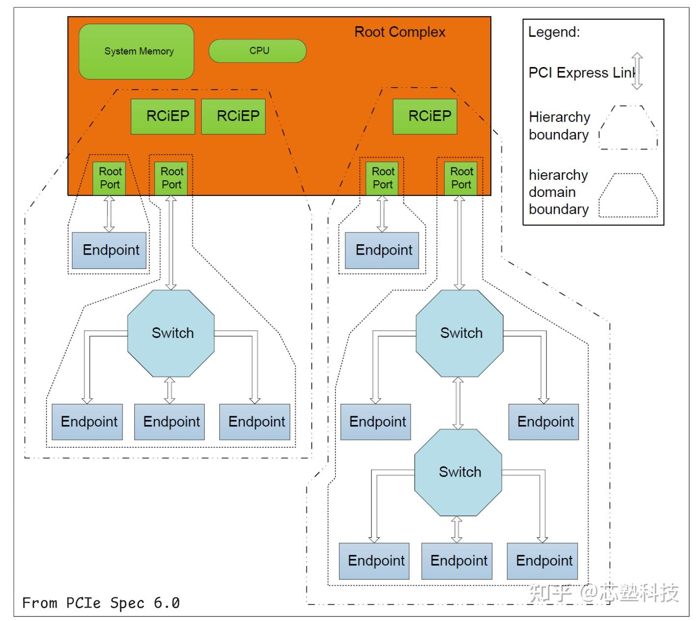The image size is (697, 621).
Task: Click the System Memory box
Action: (x=136, y=51)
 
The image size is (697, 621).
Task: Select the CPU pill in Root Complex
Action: (x=257, y=51)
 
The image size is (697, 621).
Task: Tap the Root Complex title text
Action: (x=399, y=32)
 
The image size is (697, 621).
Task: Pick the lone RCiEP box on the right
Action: (x=425, y=116)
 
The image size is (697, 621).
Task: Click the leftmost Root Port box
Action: (x=109, y=178)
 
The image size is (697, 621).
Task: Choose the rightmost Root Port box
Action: (x=461, y=178)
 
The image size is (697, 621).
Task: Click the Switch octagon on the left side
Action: (x=171, y=333)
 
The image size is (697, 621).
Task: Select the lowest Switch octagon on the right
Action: (x=458, y=472)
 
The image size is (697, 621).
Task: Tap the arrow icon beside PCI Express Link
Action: (x=637, y=71)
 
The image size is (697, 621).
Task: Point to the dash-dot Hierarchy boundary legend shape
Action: (x=628, y=128)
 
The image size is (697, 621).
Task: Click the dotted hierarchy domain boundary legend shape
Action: (x=628, y=196)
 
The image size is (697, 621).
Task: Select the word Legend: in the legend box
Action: (x=554, y=33)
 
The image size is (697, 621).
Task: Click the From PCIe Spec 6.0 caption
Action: (x=101, y=603)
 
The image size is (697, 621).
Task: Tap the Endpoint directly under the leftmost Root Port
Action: (x=109, y=250)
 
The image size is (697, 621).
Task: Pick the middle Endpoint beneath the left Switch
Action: (x=170, y=422)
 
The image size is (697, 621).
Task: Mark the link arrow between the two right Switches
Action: (x=458, y=403)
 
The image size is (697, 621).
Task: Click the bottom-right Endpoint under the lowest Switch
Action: (x=543, y=561)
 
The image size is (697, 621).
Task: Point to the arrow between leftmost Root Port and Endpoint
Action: (x=109, y=214)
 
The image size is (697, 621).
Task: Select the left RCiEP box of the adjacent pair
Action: (x=163, y=116)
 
